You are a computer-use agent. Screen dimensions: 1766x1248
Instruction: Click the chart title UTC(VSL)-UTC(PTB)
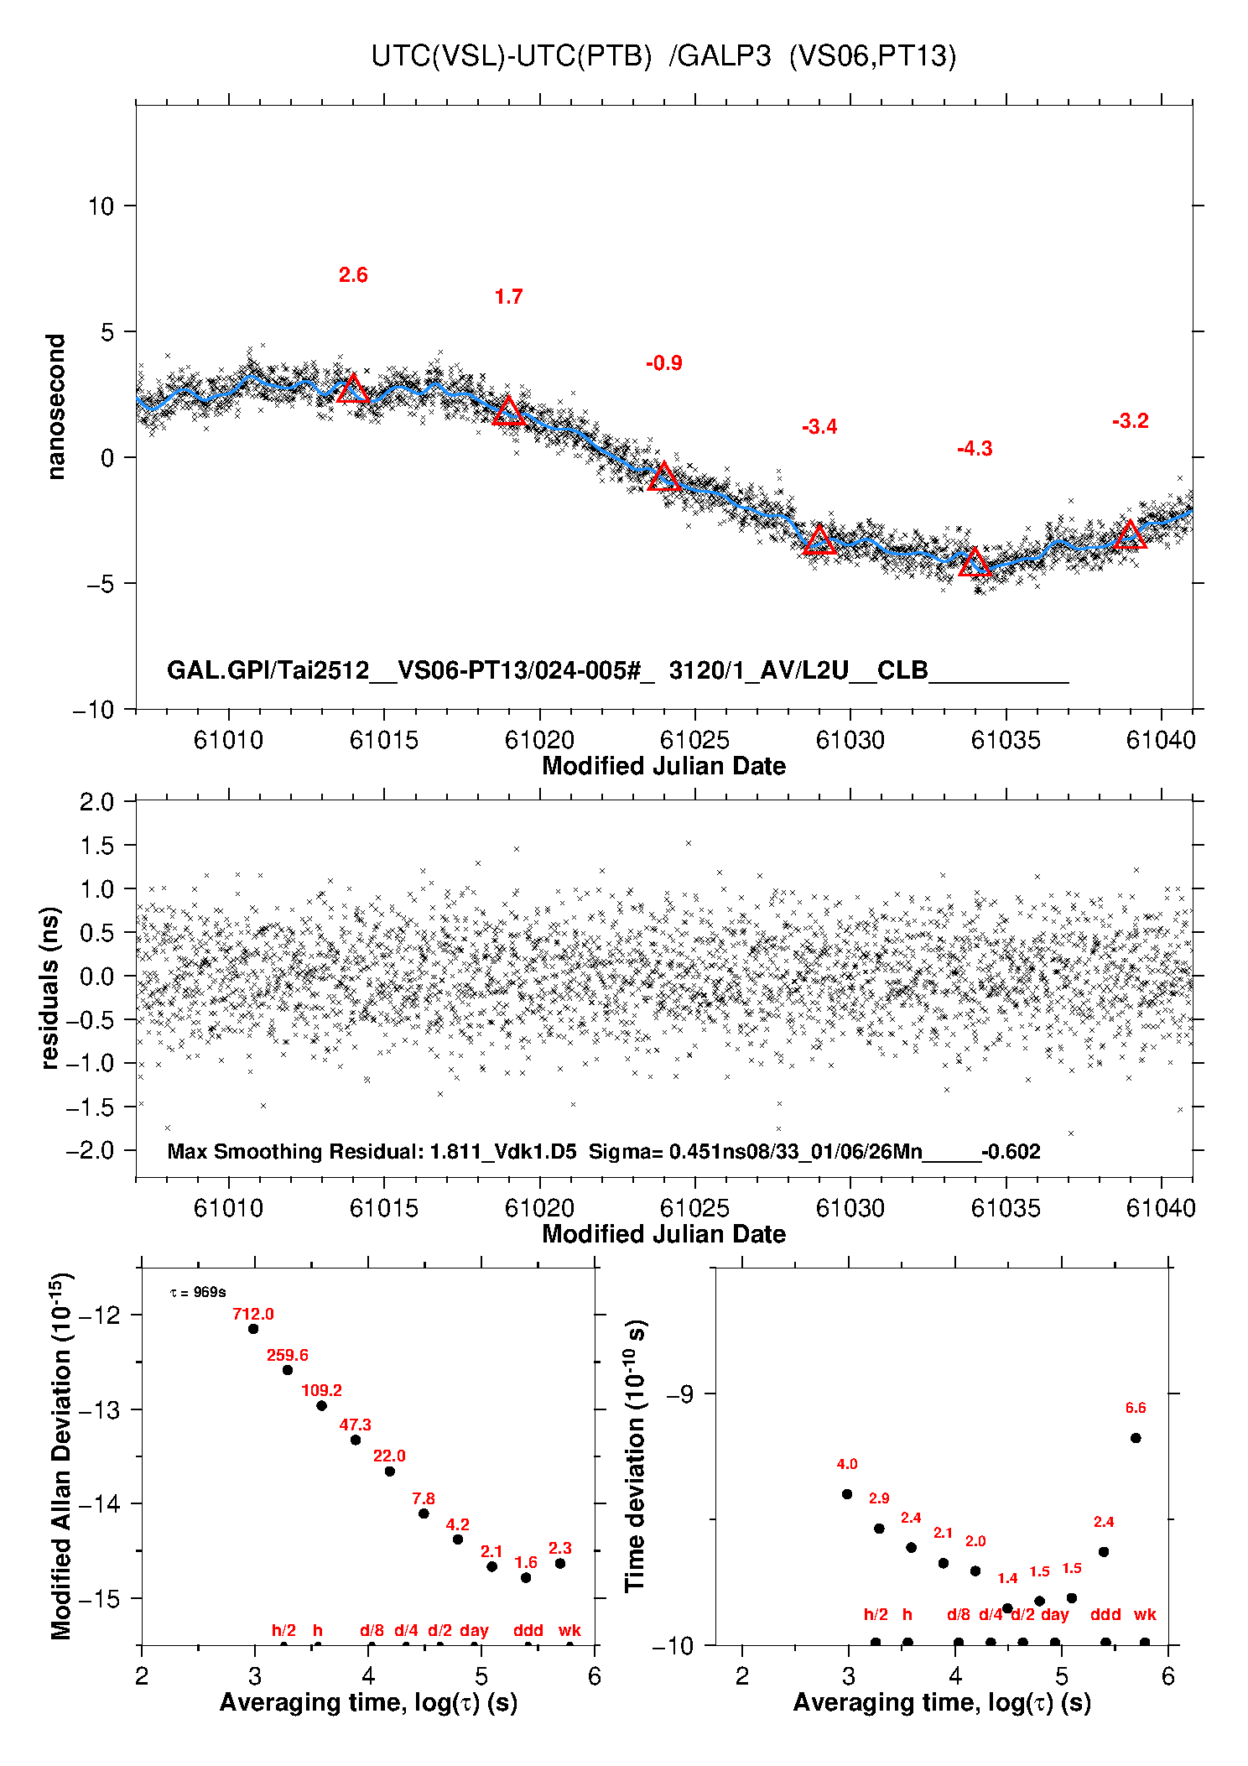point(511,56)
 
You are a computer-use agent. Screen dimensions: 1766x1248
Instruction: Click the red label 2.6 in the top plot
point(353,275)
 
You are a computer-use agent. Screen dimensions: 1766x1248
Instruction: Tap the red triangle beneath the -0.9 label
point(664,477)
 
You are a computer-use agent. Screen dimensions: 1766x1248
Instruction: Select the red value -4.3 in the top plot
point(975,449)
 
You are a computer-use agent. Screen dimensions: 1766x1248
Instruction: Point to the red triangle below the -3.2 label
point(1130,535)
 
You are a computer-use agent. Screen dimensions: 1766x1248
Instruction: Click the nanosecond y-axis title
point(55,407)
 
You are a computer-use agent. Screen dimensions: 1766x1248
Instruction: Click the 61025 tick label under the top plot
point(694,740)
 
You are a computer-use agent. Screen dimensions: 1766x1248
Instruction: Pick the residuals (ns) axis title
point(50,987)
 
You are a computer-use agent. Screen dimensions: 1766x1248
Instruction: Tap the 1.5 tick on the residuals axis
point(97,846)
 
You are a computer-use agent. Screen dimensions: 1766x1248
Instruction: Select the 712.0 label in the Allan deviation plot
point(253,1315)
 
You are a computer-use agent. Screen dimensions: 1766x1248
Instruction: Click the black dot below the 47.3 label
point(356,1440)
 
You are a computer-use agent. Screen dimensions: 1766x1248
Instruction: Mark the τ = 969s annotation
point(198,1293)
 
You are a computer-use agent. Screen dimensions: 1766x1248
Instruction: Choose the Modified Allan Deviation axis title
point(60,1456)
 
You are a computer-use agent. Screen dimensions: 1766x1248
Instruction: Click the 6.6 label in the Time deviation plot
point(1136,1409)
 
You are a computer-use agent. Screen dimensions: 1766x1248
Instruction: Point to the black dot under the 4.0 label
point(847,1494)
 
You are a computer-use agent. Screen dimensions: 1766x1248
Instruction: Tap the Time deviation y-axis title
point(636,1456)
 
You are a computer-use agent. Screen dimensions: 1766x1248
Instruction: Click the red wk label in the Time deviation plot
point(1145,1615)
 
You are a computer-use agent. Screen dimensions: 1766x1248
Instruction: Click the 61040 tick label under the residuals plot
point(1161,1208)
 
